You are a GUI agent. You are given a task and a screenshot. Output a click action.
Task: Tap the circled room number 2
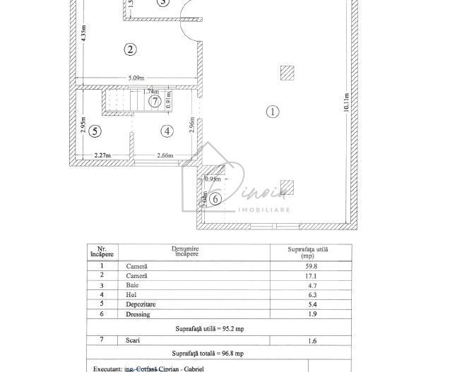tap(129, 49)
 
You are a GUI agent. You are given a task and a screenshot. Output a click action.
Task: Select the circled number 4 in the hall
tap(167, 131)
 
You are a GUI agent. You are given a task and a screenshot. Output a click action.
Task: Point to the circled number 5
tap(95, 131)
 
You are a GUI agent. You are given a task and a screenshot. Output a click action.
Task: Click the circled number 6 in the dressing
tap(215, 198)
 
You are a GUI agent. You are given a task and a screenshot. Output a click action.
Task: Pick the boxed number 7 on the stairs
tap(155, 100)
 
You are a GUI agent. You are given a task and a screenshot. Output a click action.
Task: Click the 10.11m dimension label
tap(345, 102)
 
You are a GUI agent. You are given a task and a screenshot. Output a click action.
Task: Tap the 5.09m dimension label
tap(136, 78)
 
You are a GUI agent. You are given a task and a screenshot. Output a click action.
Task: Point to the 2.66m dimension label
tap(165, 156)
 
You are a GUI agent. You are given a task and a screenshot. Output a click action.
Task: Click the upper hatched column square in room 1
tap(286, 72)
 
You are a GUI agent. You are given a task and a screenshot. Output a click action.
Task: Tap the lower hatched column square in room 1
tap(286, 186)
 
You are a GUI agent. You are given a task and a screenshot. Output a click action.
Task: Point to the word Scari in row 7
tap(133, 340)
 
